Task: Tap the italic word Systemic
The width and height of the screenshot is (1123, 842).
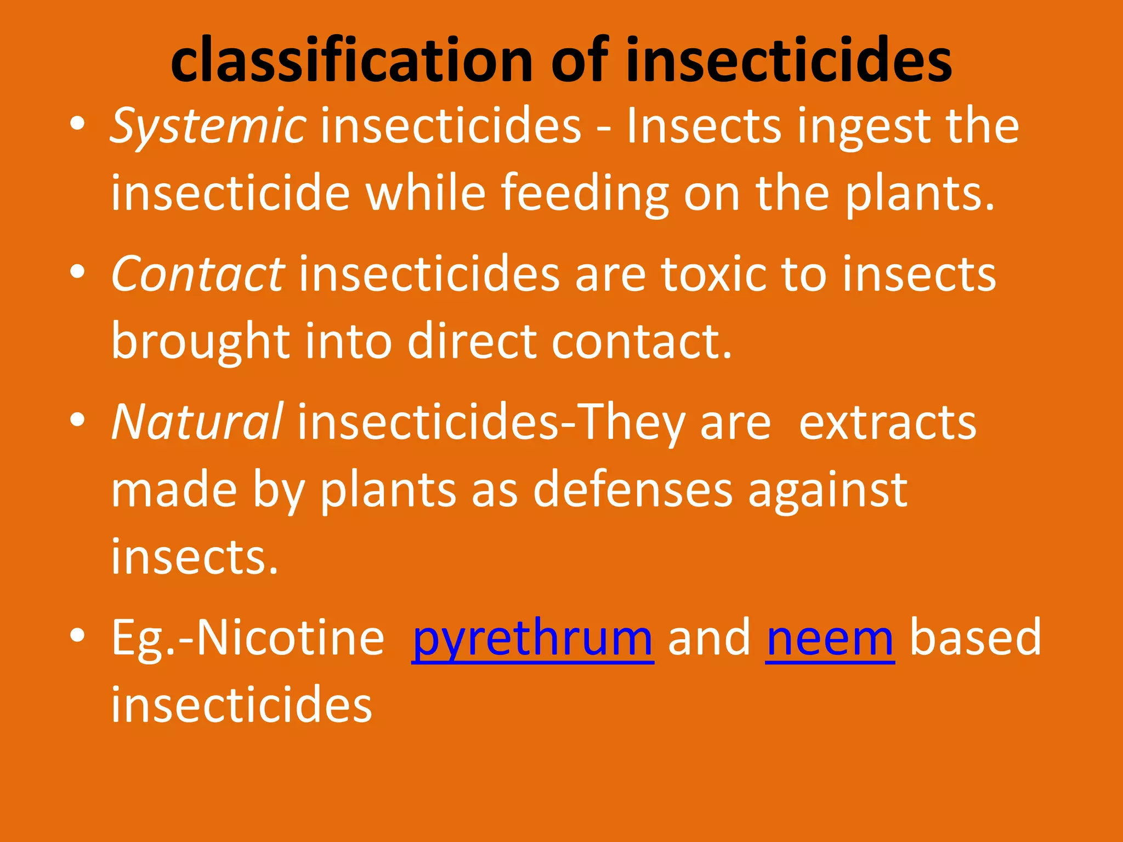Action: pos(208,127)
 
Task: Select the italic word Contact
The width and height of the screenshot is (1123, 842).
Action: pos(197,274)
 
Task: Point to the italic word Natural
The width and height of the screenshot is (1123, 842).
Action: pos(197,422)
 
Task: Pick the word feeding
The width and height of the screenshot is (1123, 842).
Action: pos(585,195)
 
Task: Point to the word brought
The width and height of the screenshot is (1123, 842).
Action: pos(200,343)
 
